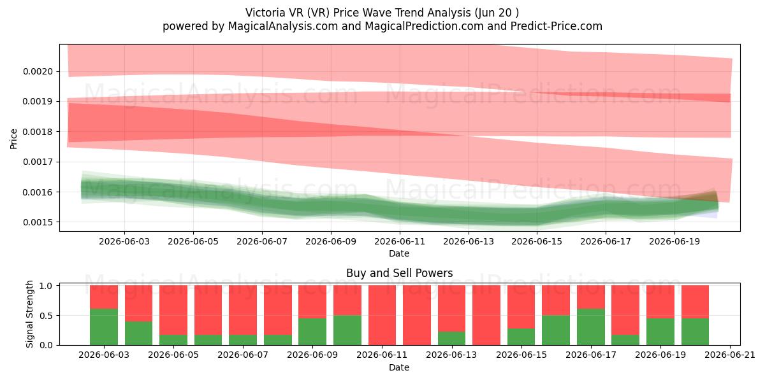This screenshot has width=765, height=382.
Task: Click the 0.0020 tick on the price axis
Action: point(38,71)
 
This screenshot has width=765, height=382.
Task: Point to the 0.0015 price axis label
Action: point(38,222)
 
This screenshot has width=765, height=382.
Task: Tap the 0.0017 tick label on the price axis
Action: point(38,162)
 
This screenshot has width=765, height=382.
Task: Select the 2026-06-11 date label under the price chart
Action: point(400,241)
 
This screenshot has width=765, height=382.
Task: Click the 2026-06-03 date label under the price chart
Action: point(124,241)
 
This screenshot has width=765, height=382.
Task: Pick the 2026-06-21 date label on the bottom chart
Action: point(730,355)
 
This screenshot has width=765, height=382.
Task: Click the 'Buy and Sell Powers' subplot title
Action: point(399,273)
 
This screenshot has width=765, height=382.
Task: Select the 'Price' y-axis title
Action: point(13,139)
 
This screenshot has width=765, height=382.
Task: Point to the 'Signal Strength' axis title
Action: point(30,314)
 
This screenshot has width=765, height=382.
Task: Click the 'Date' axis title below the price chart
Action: point(399,253)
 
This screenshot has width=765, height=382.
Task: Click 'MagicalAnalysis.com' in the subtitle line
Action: point(283,26)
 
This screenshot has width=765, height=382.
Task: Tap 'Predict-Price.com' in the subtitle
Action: point(557,26)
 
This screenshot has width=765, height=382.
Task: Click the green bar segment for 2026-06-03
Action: point(104,327)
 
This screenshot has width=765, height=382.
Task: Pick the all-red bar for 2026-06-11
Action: point(382,315)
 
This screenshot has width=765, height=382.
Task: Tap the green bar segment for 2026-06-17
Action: point(591,327)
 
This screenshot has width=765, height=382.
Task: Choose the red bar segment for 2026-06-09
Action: point(312,302)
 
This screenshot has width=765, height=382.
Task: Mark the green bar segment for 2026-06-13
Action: point(452,338)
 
